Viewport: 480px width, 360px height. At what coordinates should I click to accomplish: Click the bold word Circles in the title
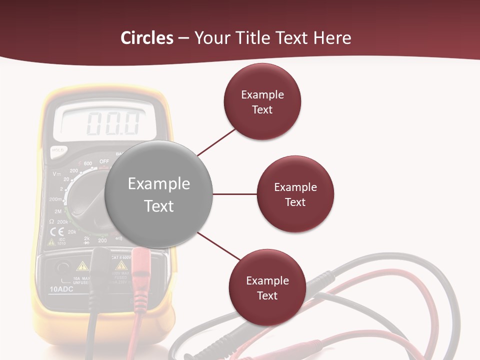pos(146,38)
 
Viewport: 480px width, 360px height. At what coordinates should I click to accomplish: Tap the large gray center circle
pos(158,194)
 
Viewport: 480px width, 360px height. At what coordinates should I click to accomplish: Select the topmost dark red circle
pos(262,101)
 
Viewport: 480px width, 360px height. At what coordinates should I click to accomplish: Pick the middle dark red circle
pos(295,194)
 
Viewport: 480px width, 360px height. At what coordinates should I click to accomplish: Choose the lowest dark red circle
pos(267,287)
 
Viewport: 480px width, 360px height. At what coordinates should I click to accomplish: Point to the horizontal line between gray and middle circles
pos(235,194)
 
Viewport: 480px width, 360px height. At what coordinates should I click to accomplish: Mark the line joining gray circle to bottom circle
pos(219,245)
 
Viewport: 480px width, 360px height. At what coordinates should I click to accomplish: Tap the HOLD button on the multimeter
pos(58,150)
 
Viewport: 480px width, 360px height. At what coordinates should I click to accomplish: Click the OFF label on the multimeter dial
pos(104,161)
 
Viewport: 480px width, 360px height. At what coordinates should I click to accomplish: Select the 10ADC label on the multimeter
pos(62,289)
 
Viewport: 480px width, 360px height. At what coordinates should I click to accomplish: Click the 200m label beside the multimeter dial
pos(55,199)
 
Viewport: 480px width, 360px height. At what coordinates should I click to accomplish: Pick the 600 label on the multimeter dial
pos(88,163)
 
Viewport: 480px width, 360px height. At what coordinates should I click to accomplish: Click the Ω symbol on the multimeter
pos(51,221)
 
